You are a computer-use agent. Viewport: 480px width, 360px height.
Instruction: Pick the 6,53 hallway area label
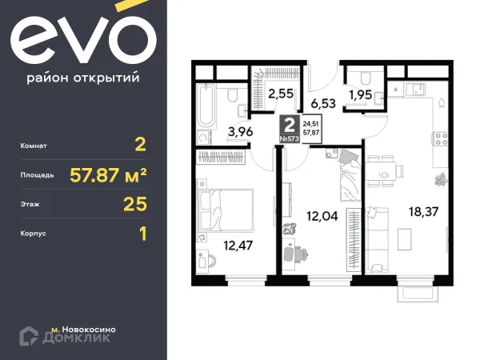pyautogui.click(x=322, y=102)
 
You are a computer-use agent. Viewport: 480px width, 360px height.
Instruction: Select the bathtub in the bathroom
pyautogui.click(x=206, y=106)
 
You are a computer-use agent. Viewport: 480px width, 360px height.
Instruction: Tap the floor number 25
pyautogui.click(x=136, y=203)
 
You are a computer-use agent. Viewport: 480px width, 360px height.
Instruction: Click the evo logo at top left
pyautogui.click(x=82, y=43)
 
